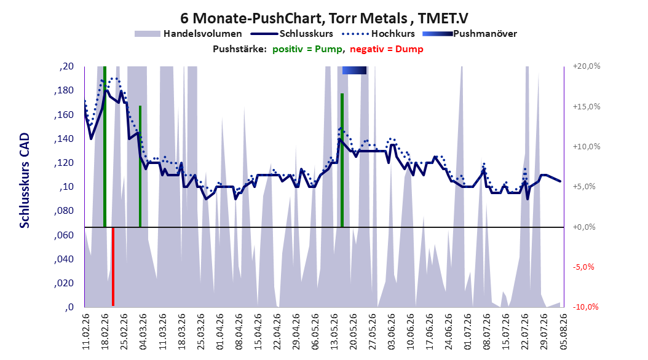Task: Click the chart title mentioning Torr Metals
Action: click(324, 18)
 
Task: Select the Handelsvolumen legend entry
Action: click(188, 34)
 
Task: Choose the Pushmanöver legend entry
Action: click(470, 34)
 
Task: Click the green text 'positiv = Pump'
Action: click(307, 49)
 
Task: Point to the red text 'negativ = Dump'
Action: click(387, 49)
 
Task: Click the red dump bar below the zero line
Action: click(113, 266)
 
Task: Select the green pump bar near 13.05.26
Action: click(342, 160)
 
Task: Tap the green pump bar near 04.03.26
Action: click(140, 166)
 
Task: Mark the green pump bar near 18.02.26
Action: click(105, 147)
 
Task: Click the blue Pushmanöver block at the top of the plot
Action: click(354, 70)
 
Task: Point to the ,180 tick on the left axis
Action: click(64, 90)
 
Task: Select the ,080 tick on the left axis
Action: click(64, 211)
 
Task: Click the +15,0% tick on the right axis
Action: click(587, 106)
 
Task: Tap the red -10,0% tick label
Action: click(585, 307)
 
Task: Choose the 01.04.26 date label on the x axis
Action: click(220, 332)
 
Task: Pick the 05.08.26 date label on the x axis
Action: click(563, 332)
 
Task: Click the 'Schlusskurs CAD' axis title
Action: click(25, 180)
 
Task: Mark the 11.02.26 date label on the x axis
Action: click(86, 332)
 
